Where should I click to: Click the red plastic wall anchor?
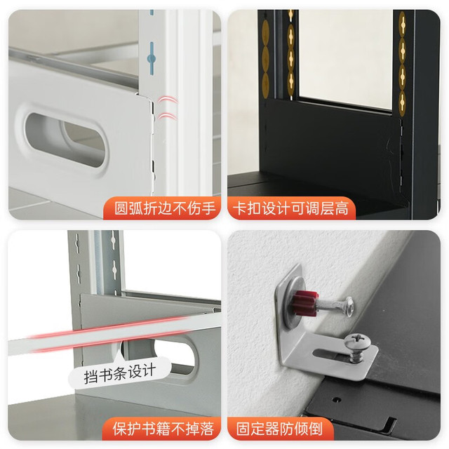305,304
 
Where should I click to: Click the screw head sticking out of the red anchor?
349,307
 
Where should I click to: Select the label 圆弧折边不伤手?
164,208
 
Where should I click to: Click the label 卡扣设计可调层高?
291,208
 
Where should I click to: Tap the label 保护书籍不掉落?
163,429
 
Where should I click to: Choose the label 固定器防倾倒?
280,429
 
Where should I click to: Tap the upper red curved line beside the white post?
167,100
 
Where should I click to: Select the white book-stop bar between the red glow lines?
114,334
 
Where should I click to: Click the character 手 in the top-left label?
208,208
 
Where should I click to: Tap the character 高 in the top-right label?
342,208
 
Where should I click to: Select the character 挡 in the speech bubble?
90,377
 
